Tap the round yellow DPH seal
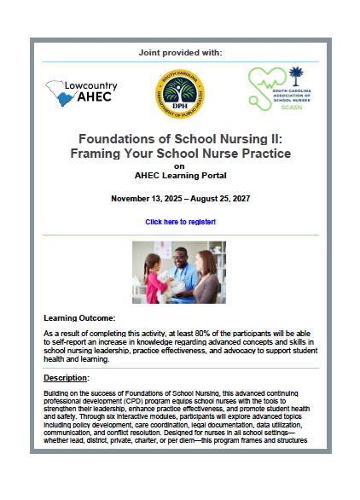(179, 94)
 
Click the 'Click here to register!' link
(180, 222)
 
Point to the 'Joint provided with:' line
(179, 53)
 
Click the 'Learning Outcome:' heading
(78, 318)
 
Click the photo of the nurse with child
(179, 272)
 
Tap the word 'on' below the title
(179, 166)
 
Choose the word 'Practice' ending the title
(265, 153)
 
